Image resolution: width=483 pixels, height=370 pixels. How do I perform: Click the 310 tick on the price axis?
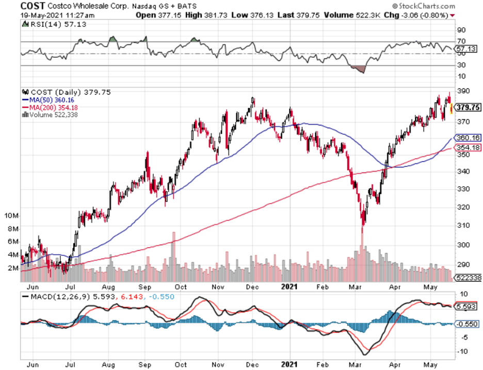pyautogui.click(x=463, y=225)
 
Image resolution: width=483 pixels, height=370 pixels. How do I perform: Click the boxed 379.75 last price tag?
pyautogui.click(x=469, y=108)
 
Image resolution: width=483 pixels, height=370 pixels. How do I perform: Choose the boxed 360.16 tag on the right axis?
pyautogui.click(x=469, y=138)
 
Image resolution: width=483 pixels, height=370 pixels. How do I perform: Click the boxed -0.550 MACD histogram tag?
pyautogui.click(x=468, y=323)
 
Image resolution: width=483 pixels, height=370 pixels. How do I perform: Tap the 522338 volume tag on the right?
pyautogui.click(x=468, y=277)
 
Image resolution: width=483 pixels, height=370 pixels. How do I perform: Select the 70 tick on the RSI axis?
pyautogui.click(x=462, y=41)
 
